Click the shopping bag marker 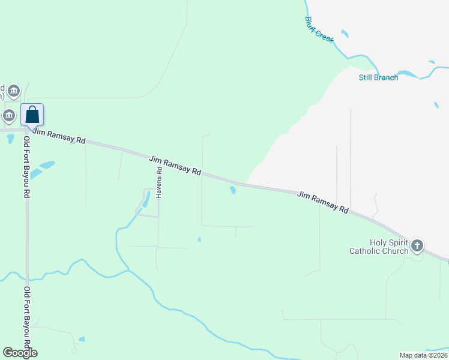pos(32,115)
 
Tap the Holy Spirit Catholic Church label pos(379,247)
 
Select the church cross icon pos(417,245)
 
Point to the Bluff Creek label pos(319,29)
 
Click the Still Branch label pos(378,77)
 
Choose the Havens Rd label pos(159,182)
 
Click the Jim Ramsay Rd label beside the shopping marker pos(58,136)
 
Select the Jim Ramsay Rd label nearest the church pos(323,203)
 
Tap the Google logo pos(20,353)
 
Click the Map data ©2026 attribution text pos(423,355)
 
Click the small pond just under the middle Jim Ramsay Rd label pos(232,191)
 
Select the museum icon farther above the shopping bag pos(14,91)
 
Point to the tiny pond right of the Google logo pos(81,339)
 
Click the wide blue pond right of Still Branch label pos(408,74)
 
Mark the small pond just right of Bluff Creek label pos(345,34)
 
